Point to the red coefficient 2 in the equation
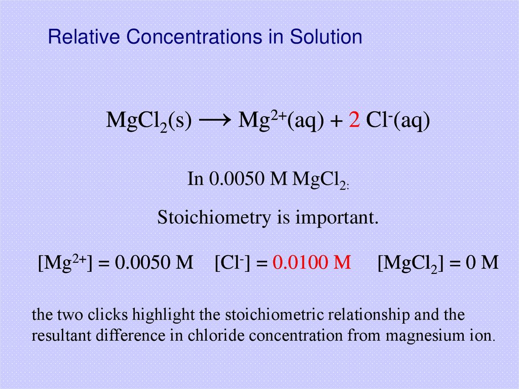click(x=354, y=121)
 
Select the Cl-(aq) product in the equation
click(x=398, y=121)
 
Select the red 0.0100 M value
click(x=312, y=262)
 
